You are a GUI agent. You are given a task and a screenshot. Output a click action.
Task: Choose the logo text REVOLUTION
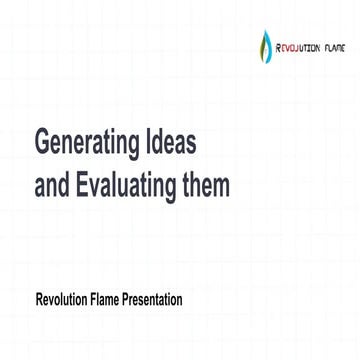[x=298, y=45]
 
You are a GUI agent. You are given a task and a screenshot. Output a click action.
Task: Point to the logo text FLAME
[x=337, y=45]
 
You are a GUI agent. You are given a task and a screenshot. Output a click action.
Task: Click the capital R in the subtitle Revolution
[x=39, y=298]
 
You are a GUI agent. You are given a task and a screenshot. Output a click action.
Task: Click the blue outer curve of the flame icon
[x=262, y=46]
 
